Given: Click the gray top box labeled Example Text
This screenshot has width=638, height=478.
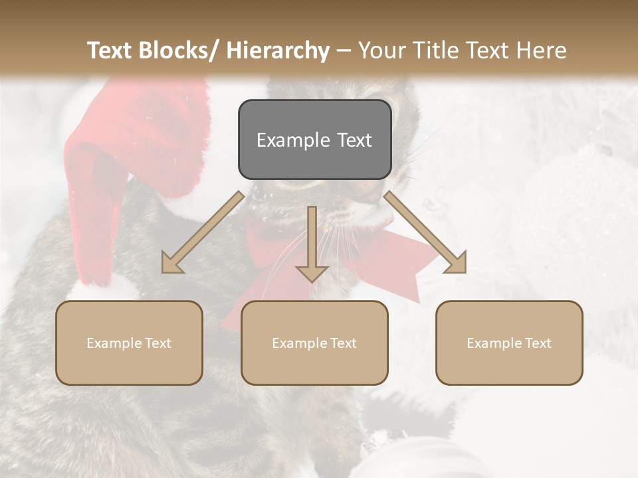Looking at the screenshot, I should click(314, 139).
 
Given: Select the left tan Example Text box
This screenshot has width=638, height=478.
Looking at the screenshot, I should click(129, 343).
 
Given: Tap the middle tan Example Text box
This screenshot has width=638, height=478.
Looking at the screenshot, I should click(314, 343).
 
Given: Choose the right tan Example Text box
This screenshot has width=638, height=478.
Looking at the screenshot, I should click(509, 343).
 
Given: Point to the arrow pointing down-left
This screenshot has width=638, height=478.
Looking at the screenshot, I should click(203, 232).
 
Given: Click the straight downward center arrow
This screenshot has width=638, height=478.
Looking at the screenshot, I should click(312, 242).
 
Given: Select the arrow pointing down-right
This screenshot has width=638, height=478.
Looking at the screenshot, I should click(425, 232).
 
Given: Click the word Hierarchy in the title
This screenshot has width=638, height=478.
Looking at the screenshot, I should click(278, 50).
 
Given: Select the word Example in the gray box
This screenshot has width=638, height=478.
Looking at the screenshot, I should click(287, 140).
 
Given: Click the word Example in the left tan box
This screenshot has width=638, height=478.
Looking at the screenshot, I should click(114, 343).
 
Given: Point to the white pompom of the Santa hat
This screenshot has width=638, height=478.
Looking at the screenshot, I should click(100, 289).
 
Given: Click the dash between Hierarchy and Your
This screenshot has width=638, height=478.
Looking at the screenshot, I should click(344, 50).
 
